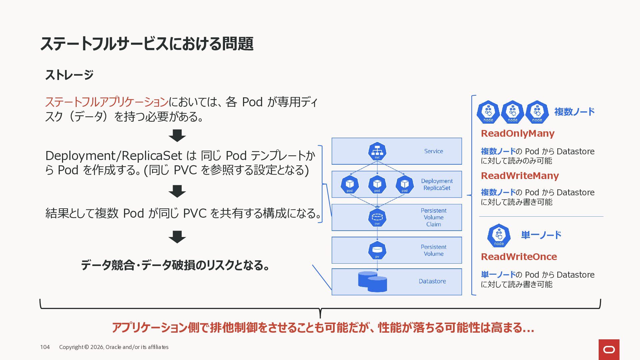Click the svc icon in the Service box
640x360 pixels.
pyautogui.click(x=377, y=151)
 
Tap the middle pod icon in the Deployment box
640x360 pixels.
pyautogui.click(x=377, y=184)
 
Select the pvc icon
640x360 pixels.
pyautogui.click(x=377, y=217)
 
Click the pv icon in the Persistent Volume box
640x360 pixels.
pyautogui.click(x=377, y=250)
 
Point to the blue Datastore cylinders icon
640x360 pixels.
pyautogui.click(x=372, y=282)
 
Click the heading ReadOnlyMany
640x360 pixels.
pyautogui.click(x=517, y=133)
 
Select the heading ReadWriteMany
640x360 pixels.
pyautogui.click(x=520, y=176)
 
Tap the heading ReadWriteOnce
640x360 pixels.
pyautogui.click(x=519, y=257)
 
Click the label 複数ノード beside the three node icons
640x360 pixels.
pyautogui.click(x=574, y=112)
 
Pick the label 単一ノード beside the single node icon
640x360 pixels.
pyautogui.click(x=541, y=235)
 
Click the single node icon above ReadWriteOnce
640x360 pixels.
pyautogui.click(x=499, y=235)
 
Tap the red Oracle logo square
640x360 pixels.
pyautogui.click(x=609, y=349)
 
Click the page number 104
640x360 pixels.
pyautogui.click(x=45, y=347)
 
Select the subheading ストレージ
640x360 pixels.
pyautogui.click(x=69, y=75)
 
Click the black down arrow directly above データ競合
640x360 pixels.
pyautogui.click(x=177, y=237)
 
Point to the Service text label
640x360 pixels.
pyautogui.click(x=433, y=151)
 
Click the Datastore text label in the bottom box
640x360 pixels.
pyautogui.click(x=432, y=281)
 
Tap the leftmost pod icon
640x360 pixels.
pyautogui.click(x=350, y=184)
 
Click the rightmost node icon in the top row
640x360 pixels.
pyautogui.click(x=537, y=112)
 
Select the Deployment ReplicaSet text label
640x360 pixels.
pyautogui.click(x=437, y=184)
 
